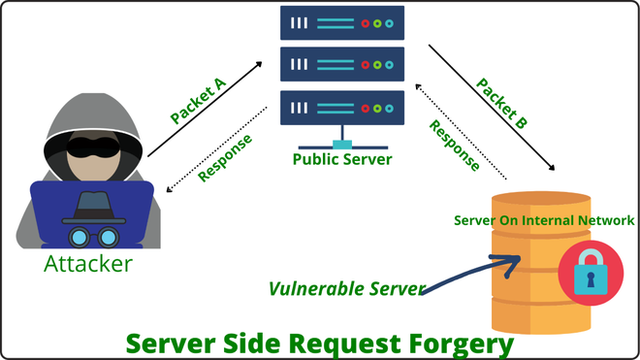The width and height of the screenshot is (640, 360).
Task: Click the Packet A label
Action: tap(199, 101)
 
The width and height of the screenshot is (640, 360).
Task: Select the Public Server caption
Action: tap(342, 158)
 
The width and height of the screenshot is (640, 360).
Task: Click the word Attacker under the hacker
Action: tap(88, 263)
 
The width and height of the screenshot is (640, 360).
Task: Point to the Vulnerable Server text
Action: tap(345, 289)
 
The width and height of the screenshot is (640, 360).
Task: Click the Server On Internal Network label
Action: tap(544, 220)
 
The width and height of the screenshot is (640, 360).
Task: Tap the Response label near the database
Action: tap(455, 146)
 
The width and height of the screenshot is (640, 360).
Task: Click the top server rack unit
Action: tap(342, 24)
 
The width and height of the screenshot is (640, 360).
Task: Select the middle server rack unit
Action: tap(342, 65)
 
